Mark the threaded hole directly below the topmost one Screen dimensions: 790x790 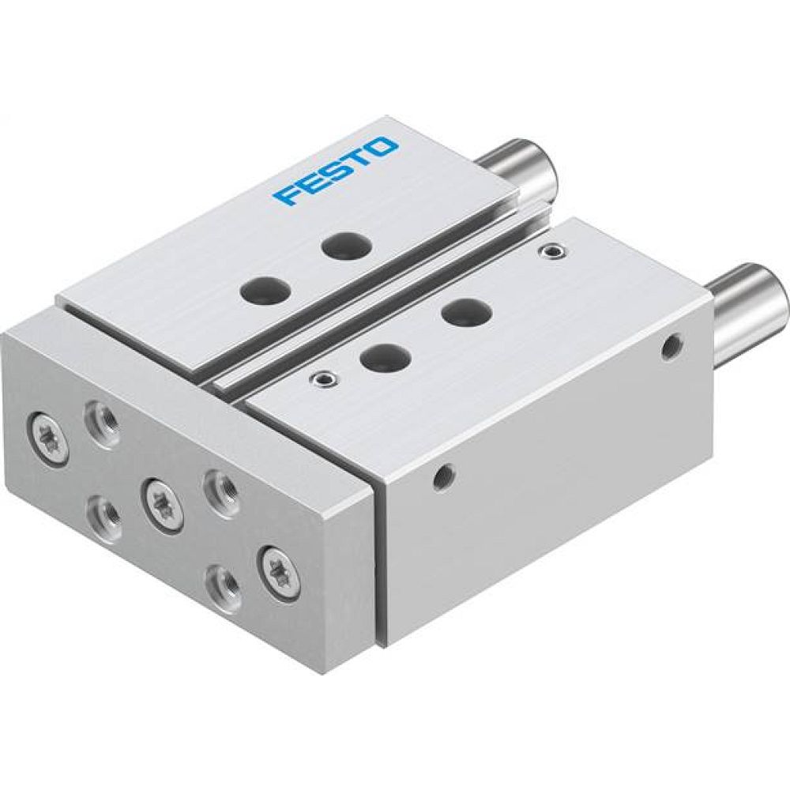coord(104,514)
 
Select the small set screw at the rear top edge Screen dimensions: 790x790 coord(551,251)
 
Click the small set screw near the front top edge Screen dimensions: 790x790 coord(321,378)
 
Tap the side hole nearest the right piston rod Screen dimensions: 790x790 coord(672,344)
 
